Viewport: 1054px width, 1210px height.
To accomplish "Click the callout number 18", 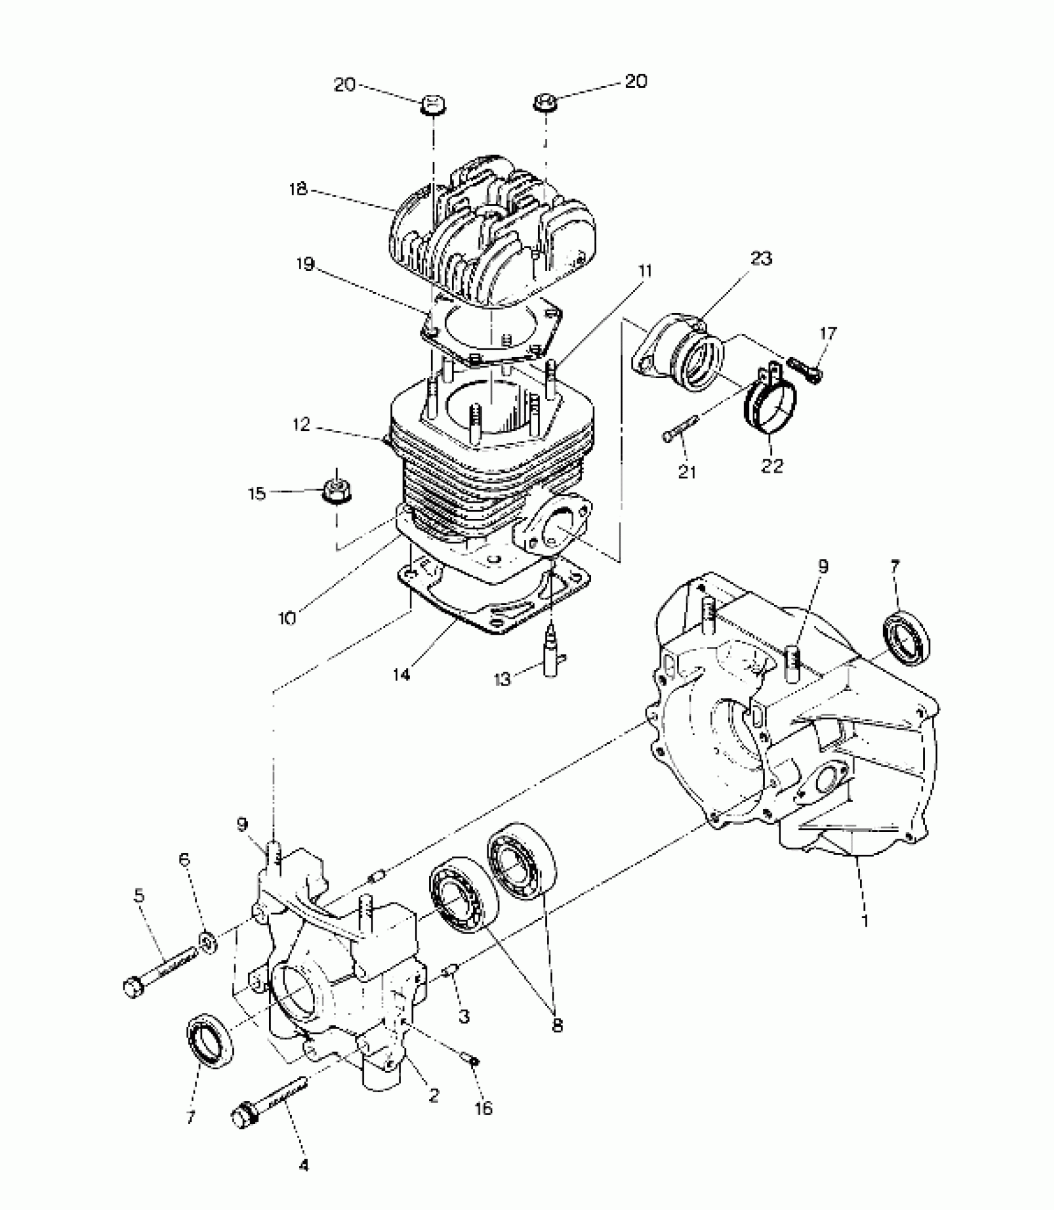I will point(298,189).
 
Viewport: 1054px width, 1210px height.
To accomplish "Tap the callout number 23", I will point(761,258).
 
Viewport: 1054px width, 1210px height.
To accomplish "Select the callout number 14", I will point(401,674).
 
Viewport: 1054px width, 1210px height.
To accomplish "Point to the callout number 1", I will point(865,938).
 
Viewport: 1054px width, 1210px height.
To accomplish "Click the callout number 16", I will point(484,1108).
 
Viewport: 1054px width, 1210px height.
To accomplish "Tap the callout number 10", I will point(287,618).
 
